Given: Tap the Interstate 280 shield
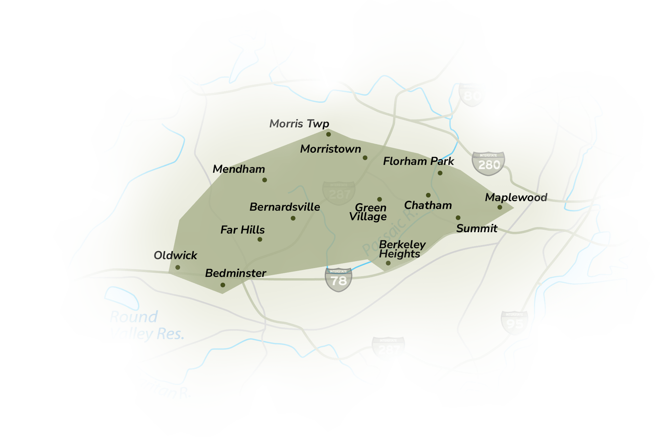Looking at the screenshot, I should (488, 164).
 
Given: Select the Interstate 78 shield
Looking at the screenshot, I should (338, 280).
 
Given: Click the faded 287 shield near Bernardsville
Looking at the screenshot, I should (339, 193).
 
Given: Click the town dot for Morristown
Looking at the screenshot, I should (365, 158).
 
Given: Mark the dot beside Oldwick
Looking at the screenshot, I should (178, 267).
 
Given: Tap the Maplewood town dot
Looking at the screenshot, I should (500, 207).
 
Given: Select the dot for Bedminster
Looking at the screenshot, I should (223, 285).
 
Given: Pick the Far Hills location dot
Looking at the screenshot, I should (260, 239).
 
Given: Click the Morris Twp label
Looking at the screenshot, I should (299, 124).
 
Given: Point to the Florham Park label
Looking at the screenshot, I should (418, 161).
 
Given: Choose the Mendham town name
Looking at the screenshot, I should (238, 169).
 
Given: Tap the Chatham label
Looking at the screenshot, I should (428, 205).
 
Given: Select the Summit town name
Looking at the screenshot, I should (477, 228).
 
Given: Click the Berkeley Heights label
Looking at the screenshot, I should (402, 249).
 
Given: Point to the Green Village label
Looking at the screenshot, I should (368, 212).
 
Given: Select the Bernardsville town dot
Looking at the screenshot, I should (293, 218).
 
